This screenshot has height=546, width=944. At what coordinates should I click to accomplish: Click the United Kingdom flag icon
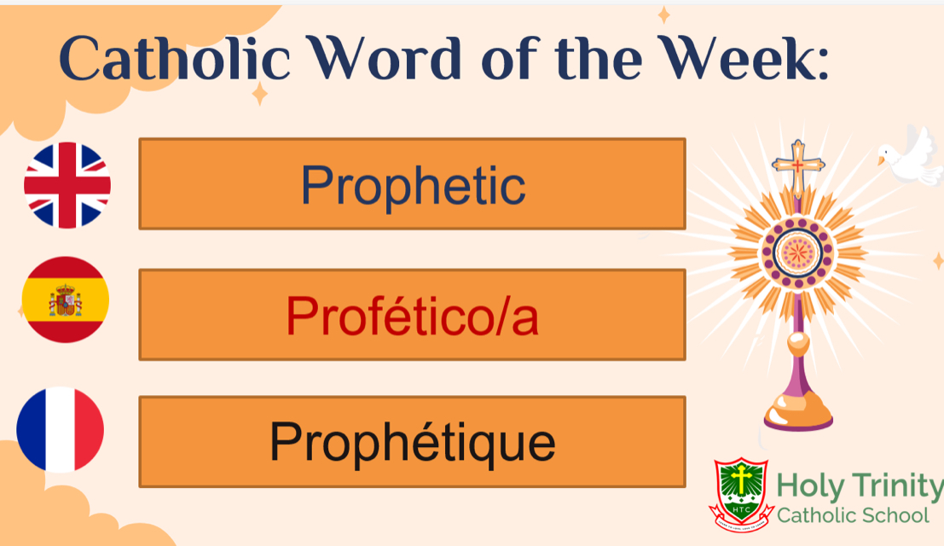coord(67,185)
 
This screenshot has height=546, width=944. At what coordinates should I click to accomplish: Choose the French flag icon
coord(61,429)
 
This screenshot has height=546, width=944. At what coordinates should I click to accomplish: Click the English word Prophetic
coord(413,185)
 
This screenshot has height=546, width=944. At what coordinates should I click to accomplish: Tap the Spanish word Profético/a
coord(413,316)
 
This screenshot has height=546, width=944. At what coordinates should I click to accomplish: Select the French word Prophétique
coord(413,442)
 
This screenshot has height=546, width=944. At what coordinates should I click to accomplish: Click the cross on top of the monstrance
coord(798,165)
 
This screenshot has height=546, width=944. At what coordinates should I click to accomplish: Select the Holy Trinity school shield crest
coord(740,490)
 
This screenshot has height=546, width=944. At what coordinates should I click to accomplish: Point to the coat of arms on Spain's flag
coord(64,301)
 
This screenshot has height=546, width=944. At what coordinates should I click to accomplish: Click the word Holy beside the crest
coord(809,488)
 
